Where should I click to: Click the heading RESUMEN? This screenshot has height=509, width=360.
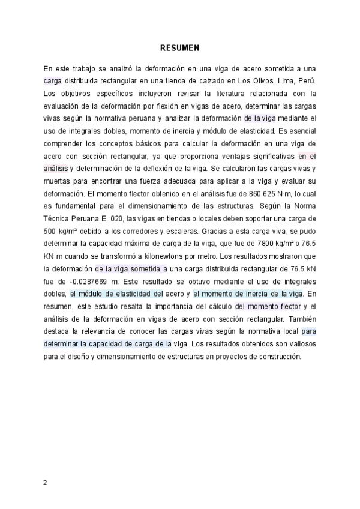pos(179,47)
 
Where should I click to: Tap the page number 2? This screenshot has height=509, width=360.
pos(45,482)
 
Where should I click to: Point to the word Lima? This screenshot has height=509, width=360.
pos(276,81)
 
